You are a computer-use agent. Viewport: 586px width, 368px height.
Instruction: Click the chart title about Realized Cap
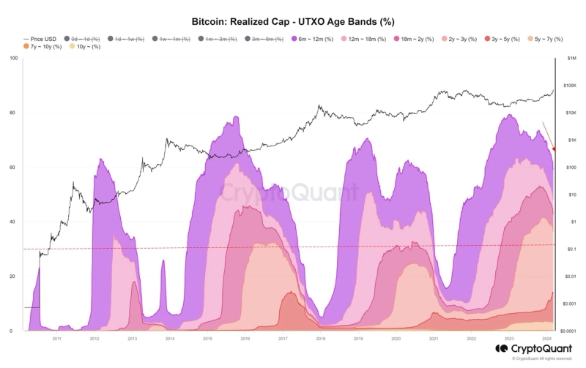(x=292, y=23)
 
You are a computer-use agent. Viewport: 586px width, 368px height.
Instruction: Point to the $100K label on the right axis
(x=570, y=86)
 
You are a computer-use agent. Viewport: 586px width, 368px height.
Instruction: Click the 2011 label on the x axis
(x=56, y=339)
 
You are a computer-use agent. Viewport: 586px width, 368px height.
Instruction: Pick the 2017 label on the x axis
(x=283, y=339)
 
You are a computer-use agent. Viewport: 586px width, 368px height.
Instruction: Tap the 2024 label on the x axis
(x=547, y=339)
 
